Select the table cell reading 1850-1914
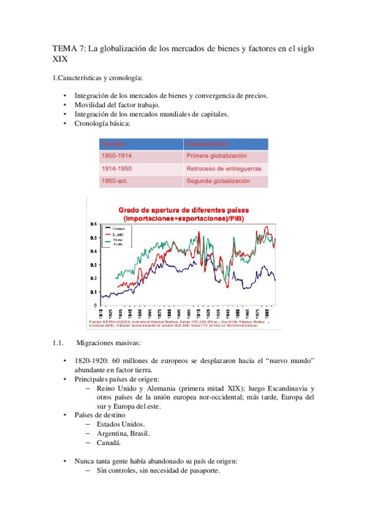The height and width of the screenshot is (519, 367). (116, 156)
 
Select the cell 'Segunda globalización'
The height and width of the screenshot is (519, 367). (218, 181)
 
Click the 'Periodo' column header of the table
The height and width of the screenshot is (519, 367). (113, 144)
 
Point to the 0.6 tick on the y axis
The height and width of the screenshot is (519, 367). (94, 223)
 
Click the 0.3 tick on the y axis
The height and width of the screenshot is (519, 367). (94, 264)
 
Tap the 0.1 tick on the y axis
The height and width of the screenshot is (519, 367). (94, 291)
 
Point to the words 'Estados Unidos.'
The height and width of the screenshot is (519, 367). (120, 424)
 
